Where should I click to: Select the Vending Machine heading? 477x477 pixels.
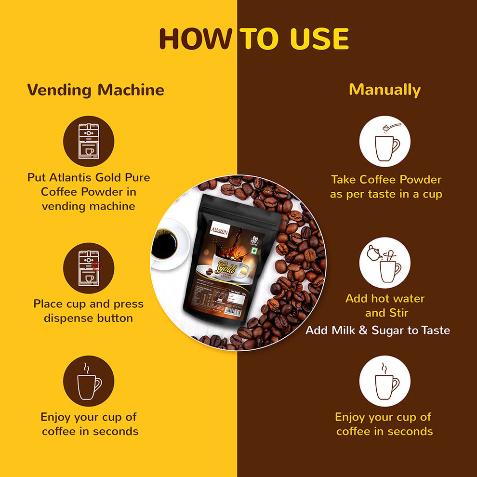(x=95, y=90)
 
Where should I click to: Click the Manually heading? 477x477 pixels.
(x=384, y=90)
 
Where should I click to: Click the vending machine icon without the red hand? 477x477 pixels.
(x=89, y=141)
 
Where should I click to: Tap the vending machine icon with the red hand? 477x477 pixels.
(x=89, y=268)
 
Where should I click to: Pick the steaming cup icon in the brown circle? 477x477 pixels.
(x=89, y=381)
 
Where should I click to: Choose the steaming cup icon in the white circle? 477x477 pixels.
(x=384, y=381)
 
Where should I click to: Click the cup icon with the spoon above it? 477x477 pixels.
(x=384, y=141)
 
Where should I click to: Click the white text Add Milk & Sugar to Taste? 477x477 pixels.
(x=378, y=331)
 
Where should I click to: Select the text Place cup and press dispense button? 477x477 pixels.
(x=89, y=311)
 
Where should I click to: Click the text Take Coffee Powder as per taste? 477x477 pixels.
(x=386, y=187)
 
